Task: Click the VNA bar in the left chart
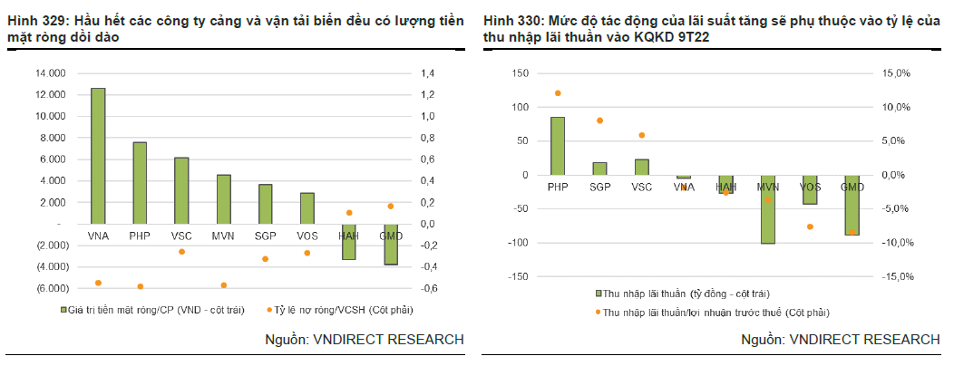[x=98, y=155]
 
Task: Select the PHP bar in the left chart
[x=140, y=182]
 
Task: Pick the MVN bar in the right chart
[x=768, y=209]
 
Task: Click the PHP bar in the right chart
[x=558, y=146]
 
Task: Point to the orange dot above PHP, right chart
[x=558, y=93]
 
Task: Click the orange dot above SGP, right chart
[x=599, y=120]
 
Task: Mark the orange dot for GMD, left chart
[x=391, y=207]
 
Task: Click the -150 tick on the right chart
[x=517, y=276]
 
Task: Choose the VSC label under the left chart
[x=181, y=236]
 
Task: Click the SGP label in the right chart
[x=599, y=187]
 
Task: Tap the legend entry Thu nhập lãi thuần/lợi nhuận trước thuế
[x=716, y=312]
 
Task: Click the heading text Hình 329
[x=36, y=20]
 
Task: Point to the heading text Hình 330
[x=513, y=20]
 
